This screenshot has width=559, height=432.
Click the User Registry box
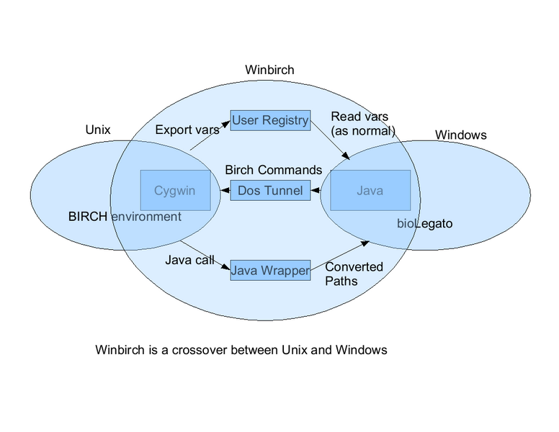tap(270, 120)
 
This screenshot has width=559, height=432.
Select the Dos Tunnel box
tap(270, 191)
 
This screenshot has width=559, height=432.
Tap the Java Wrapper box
tap(270, 270)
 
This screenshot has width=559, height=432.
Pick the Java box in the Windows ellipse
tap(370, 191)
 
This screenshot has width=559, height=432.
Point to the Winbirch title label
tap(269, 70)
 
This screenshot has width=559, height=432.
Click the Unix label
tap(98, 130)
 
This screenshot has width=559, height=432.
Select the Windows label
tap(460, 135)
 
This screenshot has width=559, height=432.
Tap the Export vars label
tap(187, 130)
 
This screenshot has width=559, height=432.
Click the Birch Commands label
tap(273, 170)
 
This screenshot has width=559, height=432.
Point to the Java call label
tap(189, 260)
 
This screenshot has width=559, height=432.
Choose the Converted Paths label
tap(354, 274)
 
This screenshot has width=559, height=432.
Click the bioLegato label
tap(424, 223)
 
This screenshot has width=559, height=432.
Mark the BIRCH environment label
tap(125, 216)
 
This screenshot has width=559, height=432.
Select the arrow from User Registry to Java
tap(331, 143)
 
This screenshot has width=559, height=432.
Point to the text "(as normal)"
tap(363, 131)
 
